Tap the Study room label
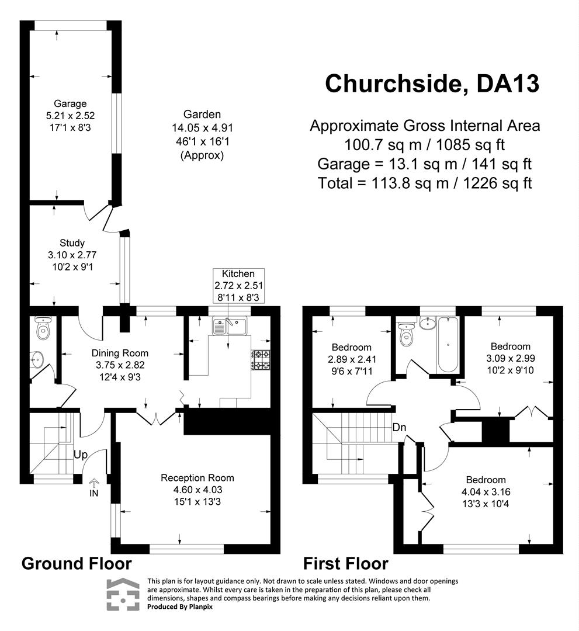[x=72, y=243]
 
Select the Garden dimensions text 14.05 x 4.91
[x=202, y=128]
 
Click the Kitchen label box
[x=238, y=286]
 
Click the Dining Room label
[x=120, y=353]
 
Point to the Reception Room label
[x=197, y=477]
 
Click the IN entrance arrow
[x=93, y=487]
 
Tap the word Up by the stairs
[x=81, y=455]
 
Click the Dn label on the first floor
[x=400, y=427]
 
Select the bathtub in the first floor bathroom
[x=447, y=345]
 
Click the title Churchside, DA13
[x=432, y=83]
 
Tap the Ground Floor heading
[x=77, y=564]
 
